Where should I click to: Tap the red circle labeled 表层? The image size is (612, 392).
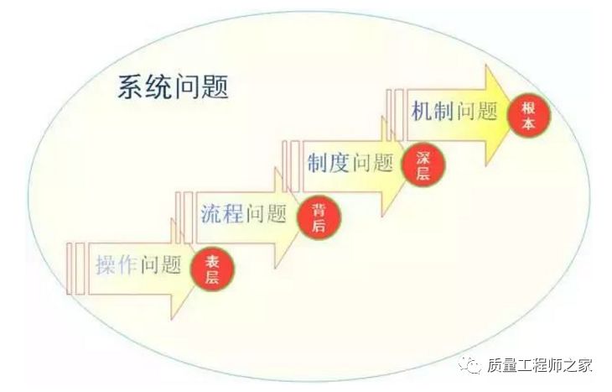[x=213, y=269]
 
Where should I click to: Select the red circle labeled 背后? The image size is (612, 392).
[x=319, y=217]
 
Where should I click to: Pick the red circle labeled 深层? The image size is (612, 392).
[x=423, y=164]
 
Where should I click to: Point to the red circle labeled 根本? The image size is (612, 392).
[x=528, y=114]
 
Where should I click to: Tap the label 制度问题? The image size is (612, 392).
[x=350, y=162]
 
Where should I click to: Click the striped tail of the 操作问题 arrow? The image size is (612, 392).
[x=75, y=269]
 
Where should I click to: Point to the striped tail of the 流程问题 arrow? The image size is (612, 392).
[x=184, y=217]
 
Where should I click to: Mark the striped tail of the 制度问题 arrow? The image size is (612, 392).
[x=290, y=165]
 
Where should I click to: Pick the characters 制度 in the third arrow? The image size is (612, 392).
[x=328, y=162]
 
